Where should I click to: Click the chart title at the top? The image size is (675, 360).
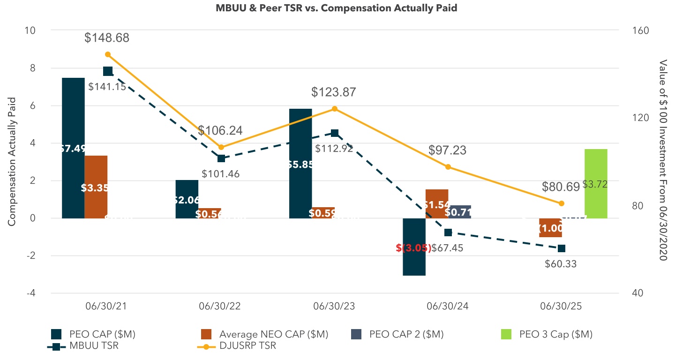pyautogui.click(x=337, y=8)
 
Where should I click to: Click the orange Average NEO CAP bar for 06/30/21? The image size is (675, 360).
pyautogui.click(x=96, y=169)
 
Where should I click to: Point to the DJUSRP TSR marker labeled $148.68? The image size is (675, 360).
pyautogui.click(x=108, y=54)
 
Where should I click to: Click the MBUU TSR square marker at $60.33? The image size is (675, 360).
pyautogui.click(x=562, y=248)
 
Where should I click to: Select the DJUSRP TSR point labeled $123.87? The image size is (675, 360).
pyautogui.click(x=335, y=109)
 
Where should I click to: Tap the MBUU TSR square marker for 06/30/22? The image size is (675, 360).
pyautogui.click(x=221, y=158)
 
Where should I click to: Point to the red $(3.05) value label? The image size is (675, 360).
pyautogui.click(x=413, y=248)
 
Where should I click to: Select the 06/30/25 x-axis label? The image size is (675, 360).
pyautogui.click(x=562, y=306)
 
